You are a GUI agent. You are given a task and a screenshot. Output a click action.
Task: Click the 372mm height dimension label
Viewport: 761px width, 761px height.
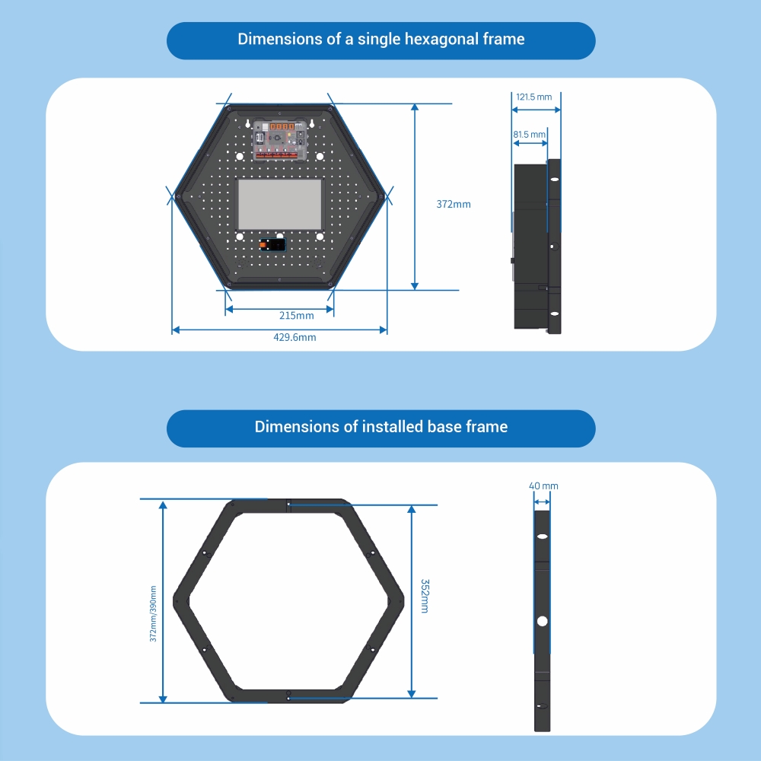point(454,204)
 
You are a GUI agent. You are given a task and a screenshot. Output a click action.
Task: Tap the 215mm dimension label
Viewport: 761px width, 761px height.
point(297,316)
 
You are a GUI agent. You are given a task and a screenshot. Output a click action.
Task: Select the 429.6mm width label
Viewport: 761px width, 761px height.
point(295,337)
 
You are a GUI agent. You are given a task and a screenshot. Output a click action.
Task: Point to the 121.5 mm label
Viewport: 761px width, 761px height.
point(534,97)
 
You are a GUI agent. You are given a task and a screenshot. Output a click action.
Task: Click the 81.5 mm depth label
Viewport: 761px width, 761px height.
point(529,135)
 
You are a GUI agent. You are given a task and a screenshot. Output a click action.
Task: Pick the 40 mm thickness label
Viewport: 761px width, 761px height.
point(543,486)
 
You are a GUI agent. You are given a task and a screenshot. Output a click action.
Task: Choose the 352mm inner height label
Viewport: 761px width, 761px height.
point(425,596)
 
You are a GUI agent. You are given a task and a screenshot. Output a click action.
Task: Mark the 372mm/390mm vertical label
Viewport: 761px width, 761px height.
point(153,614)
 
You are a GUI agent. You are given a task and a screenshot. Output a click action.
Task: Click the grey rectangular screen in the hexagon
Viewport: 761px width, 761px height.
point(279,204)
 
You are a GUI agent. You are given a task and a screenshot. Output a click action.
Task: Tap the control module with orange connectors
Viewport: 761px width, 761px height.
point(280,140)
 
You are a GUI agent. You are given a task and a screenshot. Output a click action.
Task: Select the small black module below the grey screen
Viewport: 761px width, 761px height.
point(272,244)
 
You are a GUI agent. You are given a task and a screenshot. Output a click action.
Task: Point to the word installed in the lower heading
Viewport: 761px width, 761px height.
point(393,427)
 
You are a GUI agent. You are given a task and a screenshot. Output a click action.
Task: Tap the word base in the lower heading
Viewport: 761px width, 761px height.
point(444,427)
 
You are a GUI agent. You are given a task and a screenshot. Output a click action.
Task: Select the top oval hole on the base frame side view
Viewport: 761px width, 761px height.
point(542,537)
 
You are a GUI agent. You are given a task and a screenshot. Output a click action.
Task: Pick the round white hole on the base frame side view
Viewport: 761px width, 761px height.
point(542,621)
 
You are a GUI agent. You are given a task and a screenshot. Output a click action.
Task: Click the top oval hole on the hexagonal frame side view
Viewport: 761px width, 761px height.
point(554,179)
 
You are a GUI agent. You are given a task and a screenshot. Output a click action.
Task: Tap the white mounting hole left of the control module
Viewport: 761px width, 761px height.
point(239,156)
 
